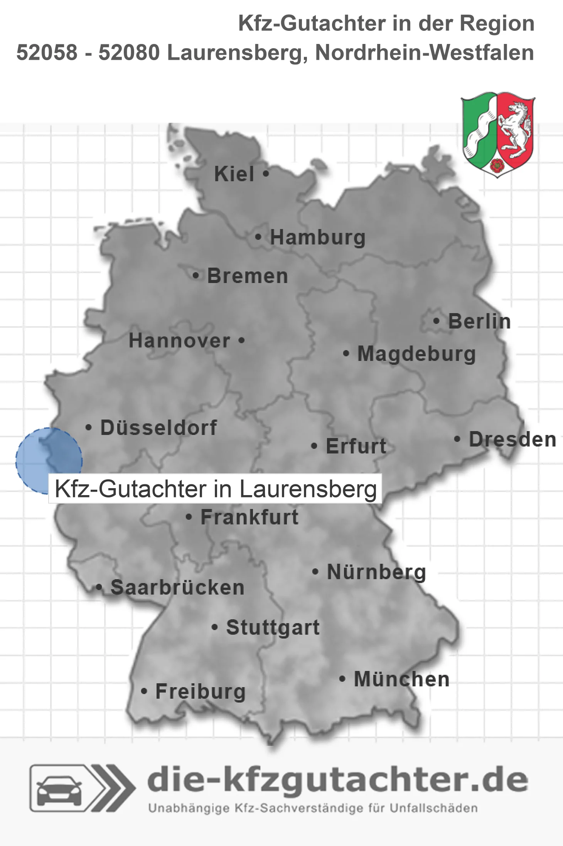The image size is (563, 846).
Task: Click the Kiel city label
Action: click(234, 174)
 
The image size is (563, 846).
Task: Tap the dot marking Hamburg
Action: click(258, 237)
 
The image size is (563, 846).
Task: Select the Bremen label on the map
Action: click(248, 276)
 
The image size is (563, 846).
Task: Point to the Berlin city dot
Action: click(437, 321)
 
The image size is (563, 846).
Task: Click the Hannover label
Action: click(179, 341)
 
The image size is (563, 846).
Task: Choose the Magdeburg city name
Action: click(416, 354)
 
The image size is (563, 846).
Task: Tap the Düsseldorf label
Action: click(158, 428)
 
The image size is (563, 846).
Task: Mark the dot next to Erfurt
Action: click(314, 446)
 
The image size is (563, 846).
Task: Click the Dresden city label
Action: click(512, 440)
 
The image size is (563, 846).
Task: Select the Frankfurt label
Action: click(249, 517)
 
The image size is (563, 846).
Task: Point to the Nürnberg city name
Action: click(376, 572)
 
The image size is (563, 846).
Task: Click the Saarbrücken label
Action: click(177, 588)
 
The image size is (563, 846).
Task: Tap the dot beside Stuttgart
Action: click(215, 627)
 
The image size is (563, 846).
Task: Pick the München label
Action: click(402, 679)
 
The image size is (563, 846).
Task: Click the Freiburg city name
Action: click(201, 692)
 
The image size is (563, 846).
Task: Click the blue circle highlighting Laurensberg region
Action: click(42, 455)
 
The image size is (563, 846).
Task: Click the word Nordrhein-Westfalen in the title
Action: click(424, 52)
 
